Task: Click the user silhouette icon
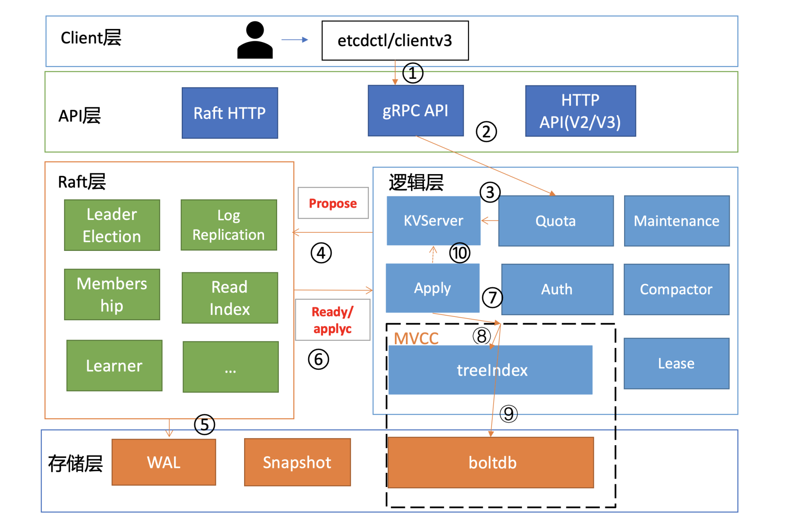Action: (255, 40)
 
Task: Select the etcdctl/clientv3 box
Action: (395, 40)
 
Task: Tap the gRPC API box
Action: (415, 111)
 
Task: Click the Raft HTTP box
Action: (230, 113)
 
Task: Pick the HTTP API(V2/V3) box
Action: (580, 111)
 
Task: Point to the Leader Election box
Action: (112, 225)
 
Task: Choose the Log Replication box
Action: (229, 225)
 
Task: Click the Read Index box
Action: (230, 298)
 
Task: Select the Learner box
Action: (114, 366)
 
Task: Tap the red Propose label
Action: (333, 203)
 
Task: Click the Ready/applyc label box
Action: (332, 320)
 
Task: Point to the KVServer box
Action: (433, 220)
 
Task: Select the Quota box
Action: (556, 221)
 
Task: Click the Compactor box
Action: (676, 289)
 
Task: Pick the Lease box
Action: (676, 364)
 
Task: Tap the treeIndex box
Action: (490, 370)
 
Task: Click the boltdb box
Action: (491, 463)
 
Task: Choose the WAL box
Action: (164, 462)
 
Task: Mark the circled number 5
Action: (204, 425)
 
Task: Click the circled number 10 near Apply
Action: (460, 253)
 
